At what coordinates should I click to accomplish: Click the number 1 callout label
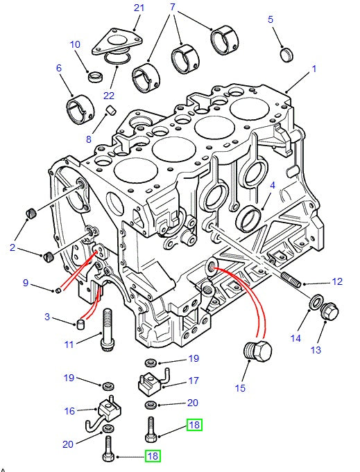point(314,69)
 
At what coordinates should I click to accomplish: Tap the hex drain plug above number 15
point(257,351)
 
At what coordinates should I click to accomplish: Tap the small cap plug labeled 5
point(287,53)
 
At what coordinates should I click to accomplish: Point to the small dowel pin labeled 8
point(110,112)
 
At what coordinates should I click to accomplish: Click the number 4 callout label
point(273,185)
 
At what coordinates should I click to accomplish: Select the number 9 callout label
point(26,282)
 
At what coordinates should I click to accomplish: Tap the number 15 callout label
point(239,388)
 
